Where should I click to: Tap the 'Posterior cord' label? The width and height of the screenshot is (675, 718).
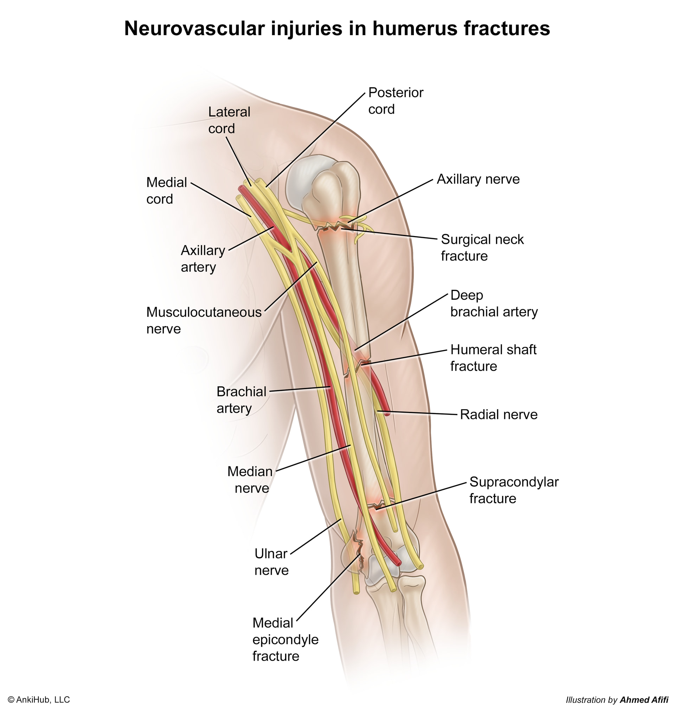pos(396,101)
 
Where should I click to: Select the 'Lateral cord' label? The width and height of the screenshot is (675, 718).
pos(229,120)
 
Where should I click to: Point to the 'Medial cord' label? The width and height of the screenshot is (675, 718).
pos(166,190)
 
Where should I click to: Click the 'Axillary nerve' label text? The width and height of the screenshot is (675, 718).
pos(478,179)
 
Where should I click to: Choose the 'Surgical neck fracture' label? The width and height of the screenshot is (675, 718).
pos(482,247)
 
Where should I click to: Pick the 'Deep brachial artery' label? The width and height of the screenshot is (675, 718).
pos(494,303)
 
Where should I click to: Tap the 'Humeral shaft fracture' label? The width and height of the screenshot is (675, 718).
pos(494,357)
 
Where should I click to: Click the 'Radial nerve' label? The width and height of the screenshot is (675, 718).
pos(499,414)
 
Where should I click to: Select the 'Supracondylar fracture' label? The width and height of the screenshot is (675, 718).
pos(514,490)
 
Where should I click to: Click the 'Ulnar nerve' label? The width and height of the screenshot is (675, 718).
pos(271,562)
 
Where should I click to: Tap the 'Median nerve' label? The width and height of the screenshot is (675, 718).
pos(250,479)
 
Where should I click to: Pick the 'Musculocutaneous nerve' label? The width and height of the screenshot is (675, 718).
pos(204,320)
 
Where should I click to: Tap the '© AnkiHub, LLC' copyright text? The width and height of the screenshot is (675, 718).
pos(39,700)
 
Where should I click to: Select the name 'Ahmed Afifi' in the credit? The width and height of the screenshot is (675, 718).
pos(644,700)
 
